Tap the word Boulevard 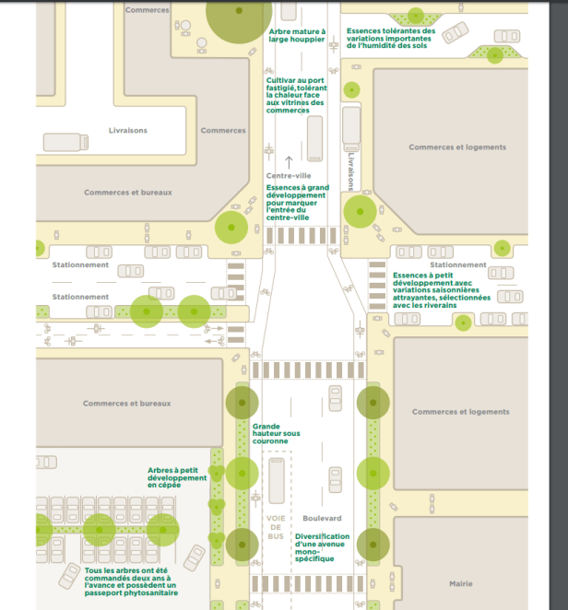pyautogui.click(x=323, y=519)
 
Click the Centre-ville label pyautogui.click(x=289, y=175)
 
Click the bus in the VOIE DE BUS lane pyautogui.click(x=277, y=479)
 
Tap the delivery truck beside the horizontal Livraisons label pyautogui.click(x=65, y=142)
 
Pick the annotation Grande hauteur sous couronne pyautogui.click(x=277, y=433)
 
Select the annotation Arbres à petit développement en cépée pyautogui.click(x=177, y=477)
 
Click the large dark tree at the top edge pyautogui.click(x=239, y=14)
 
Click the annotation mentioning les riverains pyautogui.click(x=437, y=289)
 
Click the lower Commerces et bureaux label pyautogui.click(x=127, y=404)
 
